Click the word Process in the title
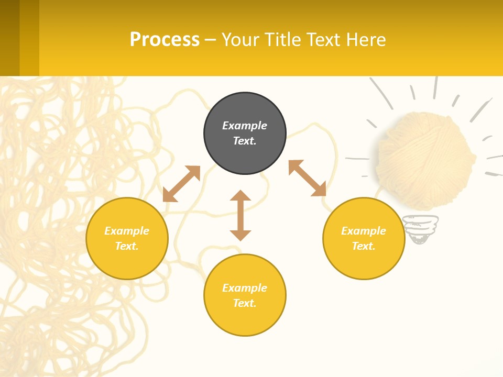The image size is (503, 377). pos(165,40)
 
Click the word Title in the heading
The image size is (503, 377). pos(281,40)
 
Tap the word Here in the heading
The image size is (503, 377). pos(365,40)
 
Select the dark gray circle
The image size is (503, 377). pos(245,134)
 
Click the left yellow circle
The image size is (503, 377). pos(127,238)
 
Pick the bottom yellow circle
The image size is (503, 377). pos(245,295)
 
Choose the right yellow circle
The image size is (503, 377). pos(364,238)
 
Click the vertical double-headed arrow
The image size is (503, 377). pos(240,215)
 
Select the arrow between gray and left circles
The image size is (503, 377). pos(181,184)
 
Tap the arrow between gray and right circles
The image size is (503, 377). pos(308,178)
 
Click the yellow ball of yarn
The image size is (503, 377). pos(424,160)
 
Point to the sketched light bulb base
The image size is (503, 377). pos(420,229)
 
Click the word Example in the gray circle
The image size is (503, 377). pos(245,126)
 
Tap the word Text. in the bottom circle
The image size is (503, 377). pos(245,303)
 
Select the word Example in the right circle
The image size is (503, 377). pos(364,231)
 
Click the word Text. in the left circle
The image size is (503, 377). pos(127,246)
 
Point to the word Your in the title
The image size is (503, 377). pos(239,40)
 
